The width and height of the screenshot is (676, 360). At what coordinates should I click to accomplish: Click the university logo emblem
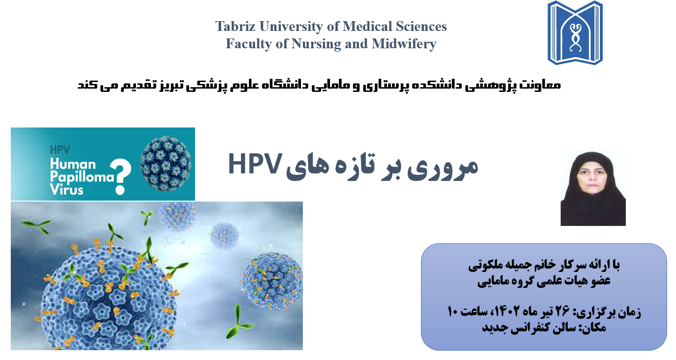(575, 33)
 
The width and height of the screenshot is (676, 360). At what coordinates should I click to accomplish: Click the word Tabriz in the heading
(235, 26)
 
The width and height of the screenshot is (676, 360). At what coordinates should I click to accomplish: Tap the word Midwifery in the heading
(404, 44)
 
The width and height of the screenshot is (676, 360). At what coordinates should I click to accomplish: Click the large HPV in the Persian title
(255, 164)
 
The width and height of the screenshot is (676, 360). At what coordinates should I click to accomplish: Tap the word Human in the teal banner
(73, 164)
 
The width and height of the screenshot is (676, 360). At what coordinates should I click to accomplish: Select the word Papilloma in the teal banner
(82, 177)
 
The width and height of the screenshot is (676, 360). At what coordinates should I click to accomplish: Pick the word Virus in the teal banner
(67, 190)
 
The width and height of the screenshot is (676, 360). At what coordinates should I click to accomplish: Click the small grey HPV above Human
(60, 150)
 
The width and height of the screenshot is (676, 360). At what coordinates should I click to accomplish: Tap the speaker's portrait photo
(593, 188)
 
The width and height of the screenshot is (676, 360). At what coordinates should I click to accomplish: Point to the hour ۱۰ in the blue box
(453, 311)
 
